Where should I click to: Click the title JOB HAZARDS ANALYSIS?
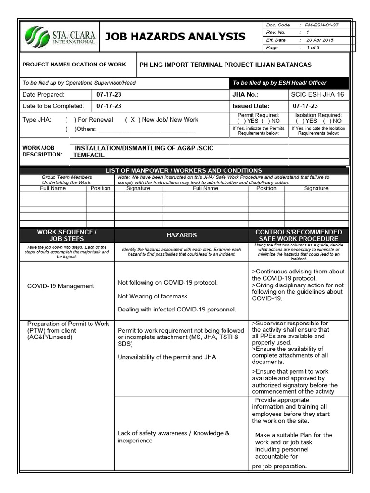tap(175, 37)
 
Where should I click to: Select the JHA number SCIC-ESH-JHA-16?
tap(317, 95)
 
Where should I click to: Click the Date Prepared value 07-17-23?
tap(109, 95)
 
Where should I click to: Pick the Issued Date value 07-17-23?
tap(305, 106)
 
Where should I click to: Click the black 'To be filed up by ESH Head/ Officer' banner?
tap(289, 83)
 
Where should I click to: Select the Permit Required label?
tap(258, 115)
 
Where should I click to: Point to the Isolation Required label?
tap(318, 115)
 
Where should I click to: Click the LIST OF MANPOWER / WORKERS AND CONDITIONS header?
tap(184, 170)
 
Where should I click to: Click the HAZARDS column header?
tap(181, 235)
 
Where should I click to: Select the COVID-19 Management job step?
tap(61, 286)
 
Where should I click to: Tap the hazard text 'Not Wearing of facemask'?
tap(153, 296)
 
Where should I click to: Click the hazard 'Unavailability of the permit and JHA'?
tap(167, 357)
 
